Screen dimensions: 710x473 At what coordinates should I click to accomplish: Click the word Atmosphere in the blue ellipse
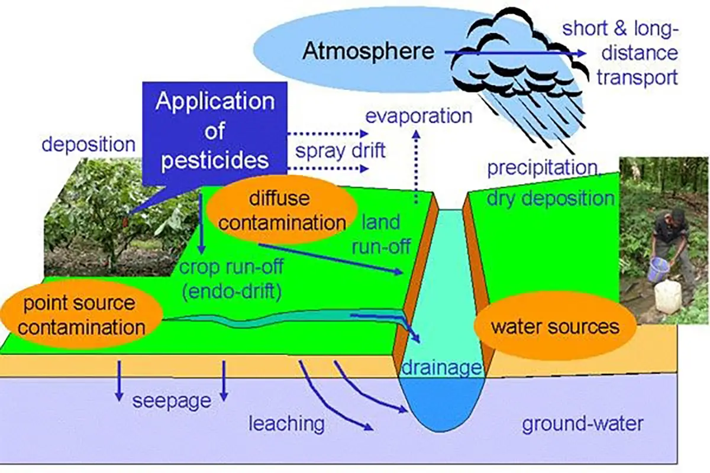[x=368, y=51]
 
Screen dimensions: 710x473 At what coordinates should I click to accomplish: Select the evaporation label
[x=419, y=116]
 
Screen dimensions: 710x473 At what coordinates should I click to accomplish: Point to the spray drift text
[x=340, y=151]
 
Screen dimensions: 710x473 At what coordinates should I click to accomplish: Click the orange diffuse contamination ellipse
[x=281, y=210]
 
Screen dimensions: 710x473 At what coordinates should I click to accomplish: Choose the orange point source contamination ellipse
[x=82, y=315]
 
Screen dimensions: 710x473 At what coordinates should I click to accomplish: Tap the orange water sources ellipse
[x=555, y=326]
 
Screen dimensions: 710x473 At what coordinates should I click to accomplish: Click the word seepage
[x=172, y=401]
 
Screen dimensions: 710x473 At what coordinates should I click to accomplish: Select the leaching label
[x=286, y=423]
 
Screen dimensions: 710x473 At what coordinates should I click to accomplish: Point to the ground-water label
[x=583, y=423]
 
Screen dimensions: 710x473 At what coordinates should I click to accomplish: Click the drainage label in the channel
[x=442, y=368]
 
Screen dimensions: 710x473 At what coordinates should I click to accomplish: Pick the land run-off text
[x=381, y=234]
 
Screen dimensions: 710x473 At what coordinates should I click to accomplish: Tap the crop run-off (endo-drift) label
[x=231, y=279]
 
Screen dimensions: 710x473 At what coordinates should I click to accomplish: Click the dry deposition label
[x=551, y=199]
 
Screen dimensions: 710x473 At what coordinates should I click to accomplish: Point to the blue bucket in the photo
[x=658, y=269]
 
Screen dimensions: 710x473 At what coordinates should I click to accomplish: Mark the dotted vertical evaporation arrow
[x=417, y=167]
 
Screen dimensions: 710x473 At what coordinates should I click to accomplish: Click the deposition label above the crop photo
[x=88, y=144]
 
